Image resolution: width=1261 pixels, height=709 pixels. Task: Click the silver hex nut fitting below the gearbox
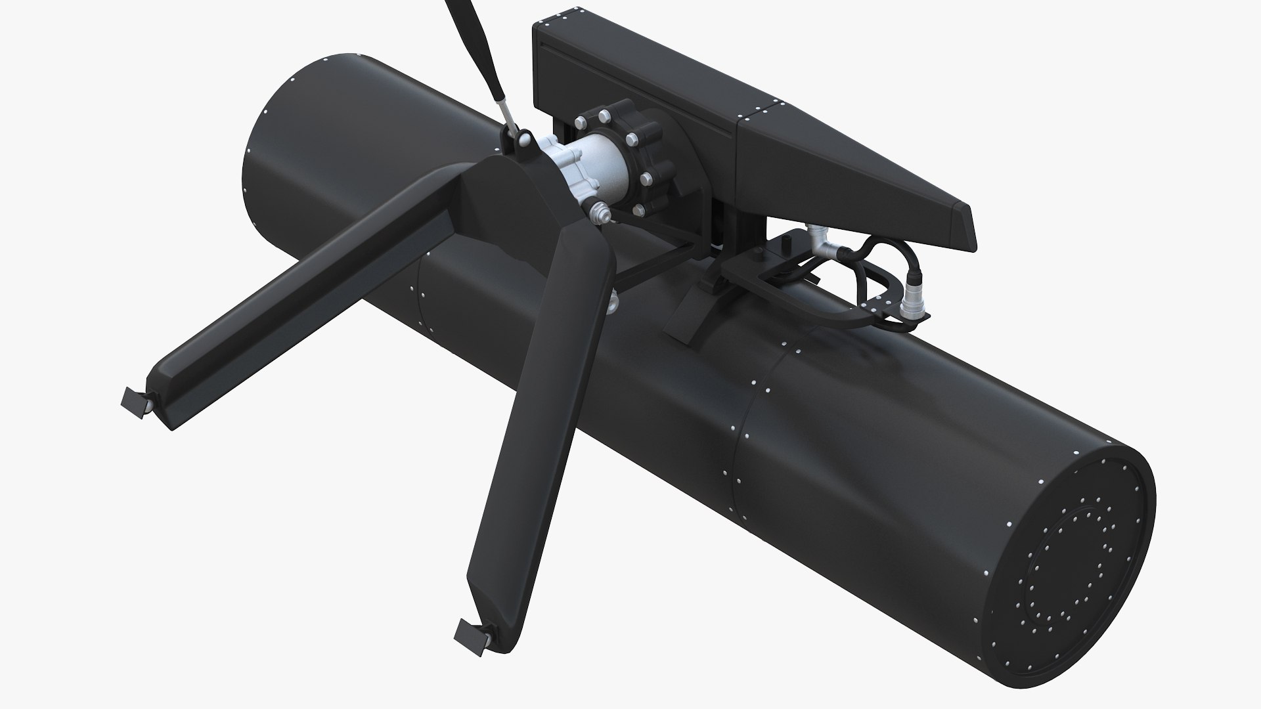pyautogui.click(x=598, y=213)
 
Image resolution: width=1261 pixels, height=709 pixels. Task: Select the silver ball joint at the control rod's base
pyautogui.click(x=524, y=140)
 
